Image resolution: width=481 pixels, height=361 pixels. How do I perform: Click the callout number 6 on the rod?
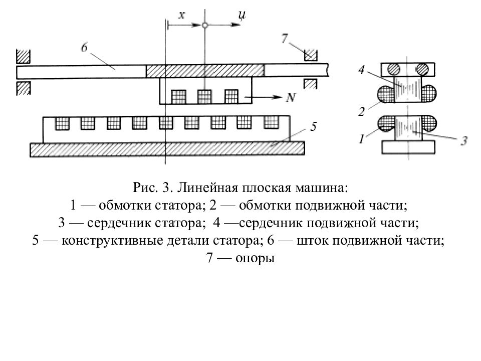tap(84, 47)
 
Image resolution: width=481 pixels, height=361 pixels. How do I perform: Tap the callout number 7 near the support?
tap(285, 38)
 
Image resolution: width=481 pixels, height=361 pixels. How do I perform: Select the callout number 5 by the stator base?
tap(313, 126)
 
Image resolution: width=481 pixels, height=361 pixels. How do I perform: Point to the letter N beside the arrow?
tap(291, 97)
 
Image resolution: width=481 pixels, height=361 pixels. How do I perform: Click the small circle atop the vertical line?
tap(205, 25)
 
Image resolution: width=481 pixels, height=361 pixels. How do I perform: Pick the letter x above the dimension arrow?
tap(182, 15)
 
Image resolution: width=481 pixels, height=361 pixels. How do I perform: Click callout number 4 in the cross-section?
tap(361, 70)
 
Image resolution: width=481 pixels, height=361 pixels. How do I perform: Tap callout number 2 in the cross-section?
tap(361, 111)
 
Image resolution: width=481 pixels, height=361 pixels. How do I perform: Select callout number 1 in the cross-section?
tap(362, 139)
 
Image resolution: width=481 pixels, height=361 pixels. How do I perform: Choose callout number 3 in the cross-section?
tap(464, 140)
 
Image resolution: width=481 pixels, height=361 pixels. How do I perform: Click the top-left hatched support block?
tap(23, 56)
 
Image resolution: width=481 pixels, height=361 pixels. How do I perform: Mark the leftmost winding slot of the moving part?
tap(178, 97)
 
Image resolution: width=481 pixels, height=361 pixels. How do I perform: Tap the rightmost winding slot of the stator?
tap(271, 122)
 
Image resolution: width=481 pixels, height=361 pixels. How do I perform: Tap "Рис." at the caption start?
tap(145, 188)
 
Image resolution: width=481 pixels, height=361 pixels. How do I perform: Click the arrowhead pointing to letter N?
tap(278, 97)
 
